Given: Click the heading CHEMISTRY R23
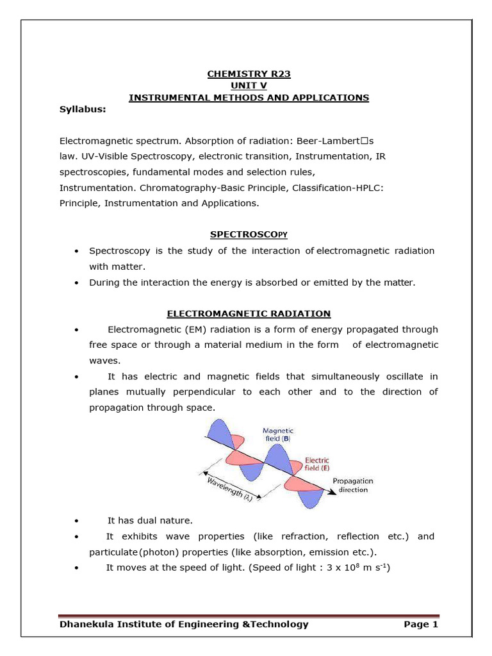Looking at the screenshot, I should coord(249,74).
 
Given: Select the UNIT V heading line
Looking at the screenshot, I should coord(249,85).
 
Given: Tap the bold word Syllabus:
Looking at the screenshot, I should coord(83,109).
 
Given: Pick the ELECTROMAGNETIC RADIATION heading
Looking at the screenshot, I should coord(249,313).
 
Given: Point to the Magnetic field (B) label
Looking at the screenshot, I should coord(277,436).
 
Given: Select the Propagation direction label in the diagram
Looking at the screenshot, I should coord(352,485).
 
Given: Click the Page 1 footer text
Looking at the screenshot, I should coord(420,624).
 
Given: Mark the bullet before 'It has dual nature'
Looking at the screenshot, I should coord(77,521).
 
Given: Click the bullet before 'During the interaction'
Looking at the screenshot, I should coord(77,283).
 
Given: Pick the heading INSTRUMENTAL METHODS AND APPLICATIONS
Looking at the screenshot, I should coord(249,97).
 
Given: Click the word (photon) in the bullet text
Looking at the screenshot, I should coord(154,552).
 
